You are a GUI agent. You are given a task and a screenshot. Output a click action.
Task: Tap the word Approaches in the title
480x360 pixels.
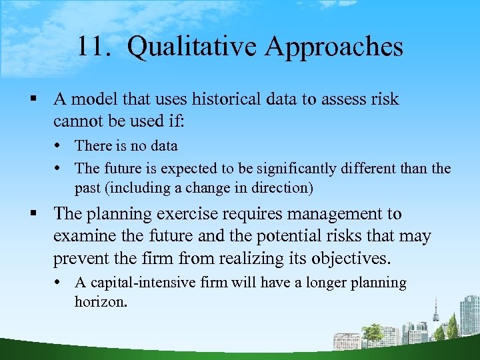pyautogui.click(x=334, y=47)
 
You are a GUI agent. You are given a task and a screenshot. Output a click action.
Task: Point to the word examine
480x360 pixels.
pyautogui.click(x=83, y=236)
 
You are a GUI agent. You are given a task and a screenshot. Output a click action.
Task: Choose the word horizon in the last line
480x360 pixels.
pyautogui.click(x=101, y=301)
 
